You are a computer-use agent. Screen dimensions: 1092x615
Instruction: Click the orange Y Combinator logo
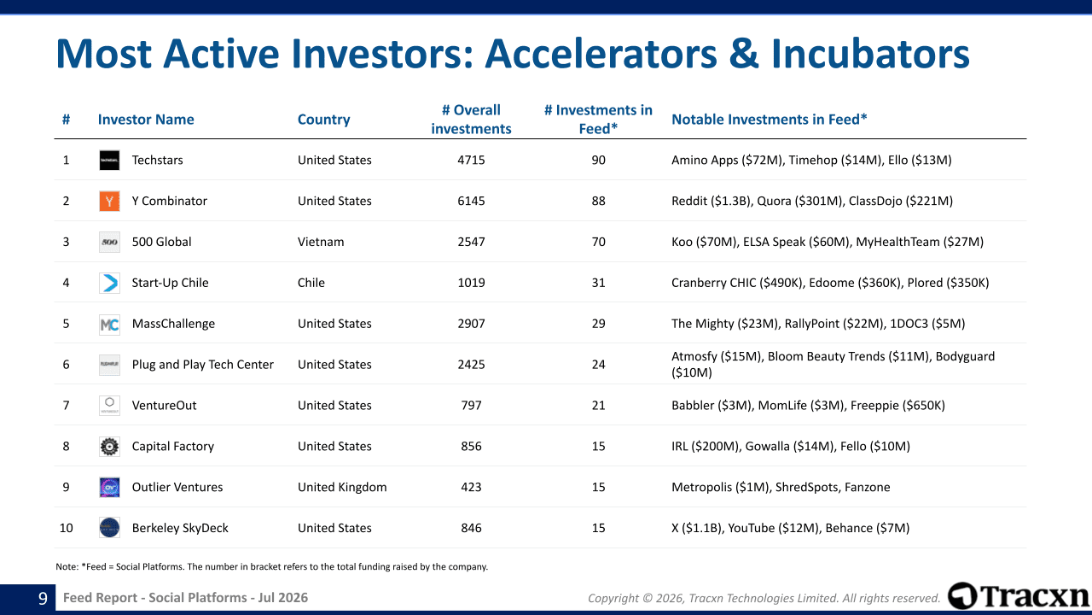(109, 201)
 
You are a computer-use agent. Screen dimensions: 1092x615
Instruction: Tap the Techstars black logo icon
(109, 160)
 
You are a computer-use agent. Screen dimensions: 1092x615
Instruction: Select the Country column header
(323, 120)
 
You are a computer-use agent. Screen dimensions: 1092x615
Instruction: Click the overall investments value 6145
(471, 201)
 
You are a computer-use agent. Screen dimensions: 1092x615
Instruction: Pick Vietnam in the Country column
(321, 242)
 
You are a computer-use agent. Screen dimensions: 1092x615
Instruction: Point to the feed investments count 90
(598, 160)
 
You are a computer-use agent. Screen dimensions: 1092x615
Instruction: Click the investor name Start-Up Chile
(170, 283)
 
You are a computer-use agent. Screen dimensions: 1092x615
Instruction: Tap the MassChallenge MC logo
(109, 324)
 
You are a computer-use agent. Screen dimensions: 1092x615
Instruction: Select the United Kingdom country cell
(342, 487)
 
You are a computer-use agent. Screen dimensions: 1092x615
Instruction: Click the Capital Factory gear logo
(109, 447)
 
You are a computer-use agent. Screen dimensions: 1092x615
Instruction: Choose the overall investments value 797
(471, 406)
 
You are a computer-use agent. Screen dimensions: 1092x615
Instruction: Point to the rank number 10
(66, 528)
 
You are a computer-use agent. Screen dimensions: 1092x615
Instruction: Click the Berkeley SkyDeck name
(180, 528)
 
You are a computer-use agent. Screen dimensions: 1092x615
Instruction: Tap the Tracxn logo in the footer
(1019, 596)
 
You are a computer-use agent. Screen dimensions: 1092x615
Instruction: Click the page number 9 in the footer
(43, 598)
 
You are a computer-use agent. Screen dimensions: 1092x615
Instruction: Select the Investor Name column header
(146, 120)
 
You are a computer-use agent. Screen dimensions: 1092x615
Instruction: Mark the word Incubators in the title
(871, 54)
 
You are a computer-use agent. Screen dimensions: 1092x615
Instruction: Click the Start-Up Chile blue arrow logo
(109, 283)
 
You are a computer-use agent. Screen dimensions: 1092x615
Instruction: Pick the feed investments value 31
(598, 283)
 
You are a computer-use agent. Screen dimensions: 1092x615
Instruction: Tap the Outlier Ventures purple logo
(109, 487)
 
